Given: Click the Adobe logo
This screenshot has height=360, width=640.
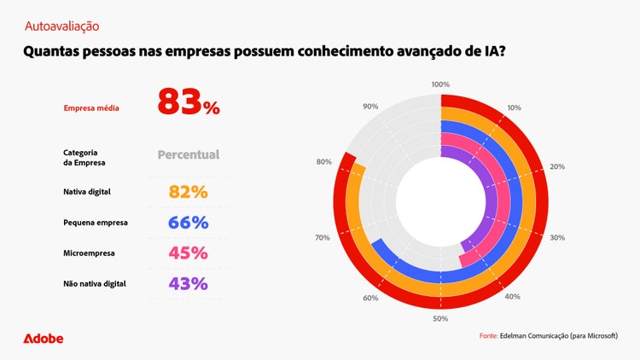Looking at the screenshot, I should pyautogui.click(x=43, y=339).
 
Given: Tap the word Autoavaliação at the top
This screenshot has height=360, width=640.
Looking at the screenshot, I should pyautogui.click(x=61, y=27).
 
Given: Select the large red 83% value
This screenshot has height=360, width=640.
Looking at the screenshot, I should pyautogui.click(x=189, y=102).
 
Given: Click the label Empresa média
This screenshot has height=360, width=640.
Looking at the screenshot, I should pyautogui.click(x=91, y=108).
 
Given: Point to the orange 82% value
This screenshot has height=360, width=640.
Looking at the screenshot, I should pyautogui.click(x=189, y=192).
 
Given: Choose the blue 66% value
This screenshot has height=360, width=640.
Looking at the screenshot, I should pyautogui.click(x=189, y=223).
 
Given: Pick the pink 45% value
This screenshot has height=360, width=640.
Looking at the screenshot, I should pyautogui.click(x=189, y=253).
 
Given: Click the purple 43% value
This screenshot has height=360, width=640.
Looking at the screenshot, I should pyautogui.click(x=189, y=283).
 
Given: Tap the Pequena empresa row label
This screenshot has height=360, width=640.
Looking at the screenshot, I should pyautogui.click(x=96, y=223).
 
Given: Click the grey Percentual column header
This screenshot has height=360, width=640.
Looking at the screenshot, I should pyautogui.click(x=189, y=155).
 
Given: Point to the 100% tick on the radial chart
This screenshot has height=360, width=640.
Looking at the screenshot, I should pyautogui.click(x=440, y=84).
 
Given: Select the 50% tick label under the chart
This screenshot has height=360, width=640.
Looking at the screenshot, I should pyautogui.click(x=440, y=318).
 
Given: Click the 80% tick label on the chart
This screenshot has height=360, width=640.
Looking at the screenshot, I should pyautogui.click(x=323, y=161).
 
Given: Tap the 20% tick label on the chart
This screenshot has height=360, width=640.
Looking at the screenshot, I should pyautogui.click(x=557, y=166).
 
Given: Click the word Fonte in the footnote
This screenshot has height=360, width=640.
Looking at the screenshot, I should pyautogui.click(x=488, y=336).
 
